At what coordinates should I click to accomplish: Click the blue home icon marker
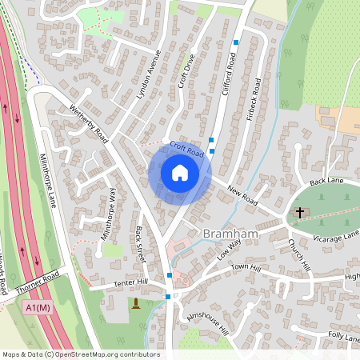tap(179, 172)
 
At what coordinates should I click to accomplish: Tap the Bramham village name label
tap(230, 233)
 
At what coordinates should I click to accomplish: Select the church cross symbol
tap(300, 213)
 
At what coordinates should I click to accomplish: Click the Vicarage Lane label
tap(335, 236)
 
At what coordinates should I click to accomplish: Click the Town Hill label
tap(246, 266)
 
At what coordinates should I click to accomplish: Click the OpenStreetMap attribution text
tap(70, 354)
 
